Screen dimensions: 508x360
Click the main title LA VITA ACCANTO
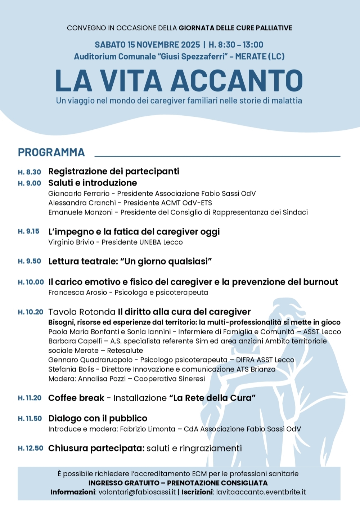tap(179, 81)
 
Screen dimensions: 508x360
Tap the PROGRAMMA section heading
tap(51, 152)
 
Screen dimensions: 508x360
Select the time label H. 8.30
tap(30, 172)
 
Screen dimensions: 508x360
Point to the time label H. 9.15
tap(29, 231)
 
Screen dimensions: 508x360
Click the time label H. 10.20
tap(31, 312)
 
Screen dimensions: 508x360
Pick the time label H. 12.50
tap(31, 448)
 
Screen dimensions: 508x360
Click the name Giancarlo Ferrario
tap(79, 193)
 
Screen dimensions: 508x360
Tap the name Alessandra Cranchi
tap(82, 203)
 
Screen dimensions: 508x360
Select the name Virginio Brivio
tap(71, 242)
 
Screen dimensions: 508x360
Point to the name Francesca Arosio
tap(77, 292)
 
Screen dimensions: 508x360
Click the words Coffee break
tap(76, 398)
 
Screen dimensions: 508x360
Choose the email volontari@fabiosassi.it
tap(137, 492)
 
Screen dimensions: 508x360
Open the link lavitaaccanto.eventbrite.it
tap(261, 492)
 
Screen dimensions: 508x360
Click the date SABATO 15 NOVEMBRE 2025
tap(147, 45)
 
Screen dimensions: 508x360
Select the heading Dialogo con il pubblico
tap(98, 418)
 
